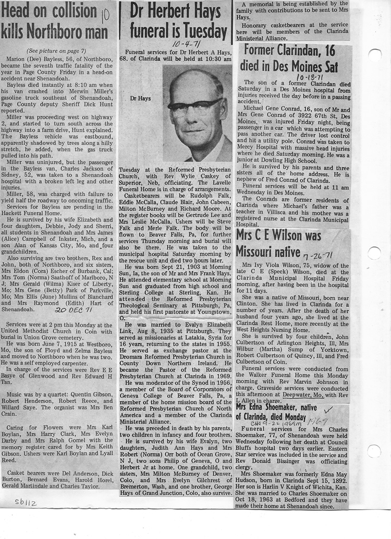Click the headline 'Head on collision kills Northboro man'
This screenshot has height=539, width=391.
click(55, 21)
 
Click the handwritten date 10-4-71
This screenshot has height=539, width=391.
click(182, 46)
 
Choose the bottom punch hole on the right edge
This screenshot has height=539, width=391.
click(374, 451)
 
